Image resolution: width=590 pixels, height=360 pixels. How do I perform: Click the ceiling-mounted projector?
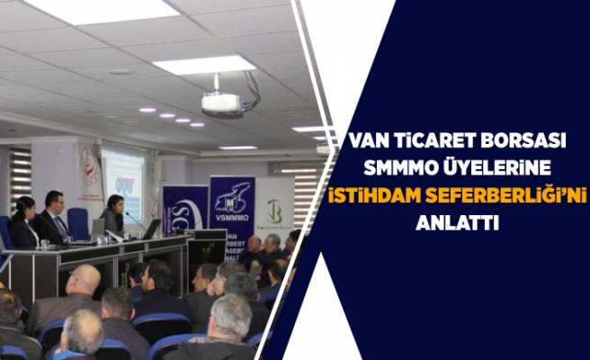[x=221, y=103]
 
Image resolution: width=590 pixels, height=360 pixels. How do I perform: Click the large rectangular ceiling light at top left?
[x=102, y=11]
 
